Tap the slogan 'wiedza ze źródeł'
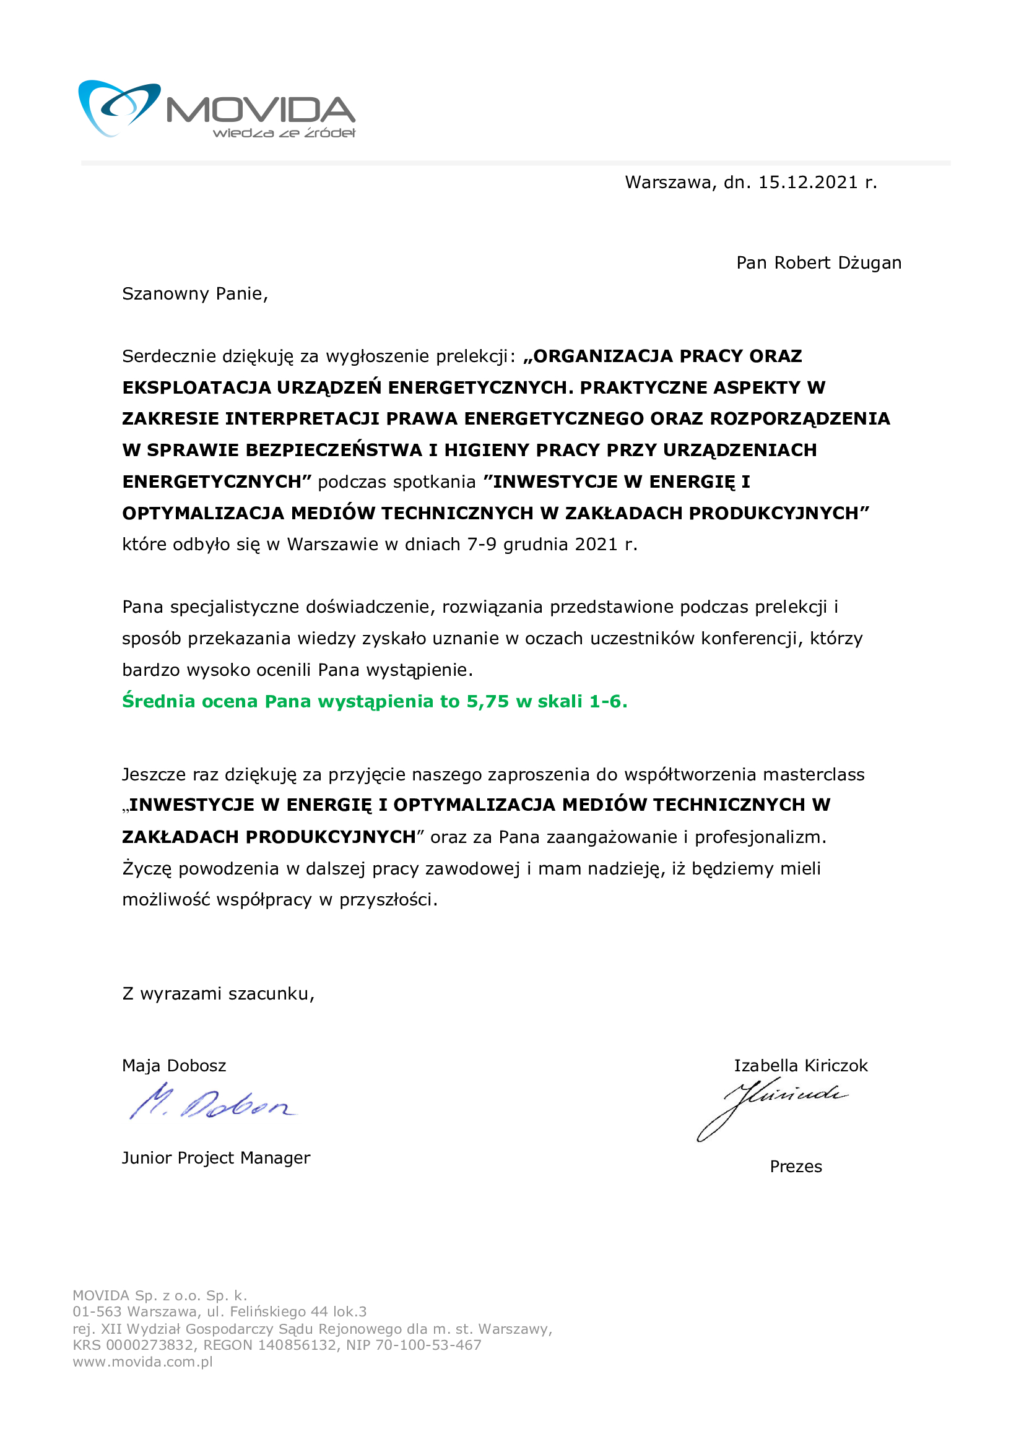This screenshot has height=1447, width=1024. pos(284,133)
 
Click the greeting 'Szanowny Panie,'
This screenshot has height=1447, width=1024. pos(195,295)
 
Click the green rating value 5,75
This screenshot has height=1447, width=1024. pos(487,702)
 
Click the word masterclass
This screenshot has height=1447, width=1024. pos(814,774)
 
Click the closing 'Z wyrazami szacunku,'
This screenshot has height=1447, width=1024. pos(218,994)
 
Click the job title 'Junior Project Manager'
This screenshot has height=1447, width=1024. pos(215,1158)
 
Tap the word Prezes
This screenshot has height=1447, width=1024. pos(796,1167)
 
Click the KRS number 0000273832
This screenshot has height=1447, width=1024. pos(150,1345)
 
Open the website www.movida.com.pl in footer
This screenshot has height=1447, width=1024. pos(142,1362)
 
